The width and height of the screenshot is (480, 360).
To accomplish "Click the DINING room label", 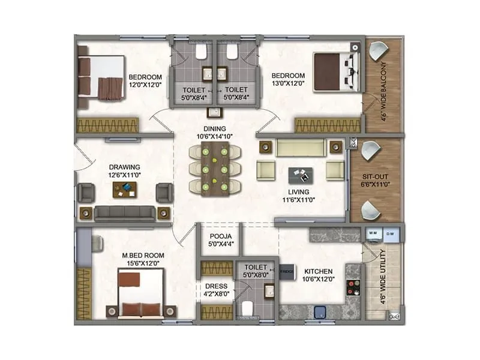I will point(214,128).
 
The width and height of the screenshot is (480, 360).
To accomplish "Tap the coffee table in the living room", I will point(301,175).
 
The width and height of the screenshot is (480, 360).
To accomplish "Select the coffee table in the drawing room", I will point(125,190).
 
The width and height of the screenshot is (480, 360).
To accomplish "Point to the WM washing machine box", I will point(372,232).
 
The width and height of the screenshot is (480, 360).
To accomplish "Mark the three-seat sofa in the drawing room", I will point(125,212).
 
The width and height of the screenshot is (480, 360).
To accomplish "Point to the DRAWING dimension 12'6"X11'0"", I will point(124,175).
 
